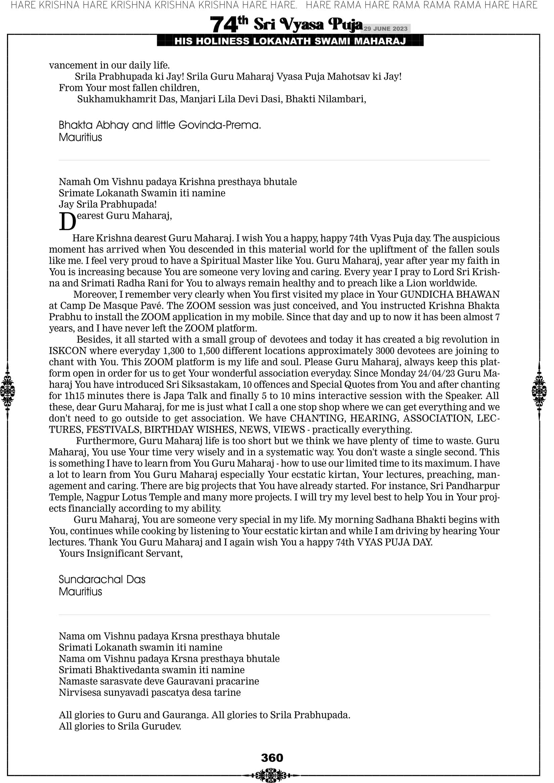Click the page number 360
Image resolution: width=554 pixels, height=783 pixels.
[x=272, y=758]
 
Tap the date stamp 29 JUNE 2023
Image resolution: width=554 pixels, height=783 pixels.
[x=385, y=29]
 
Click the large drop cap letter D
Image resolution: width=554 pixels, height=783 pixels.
[x=67, y=222]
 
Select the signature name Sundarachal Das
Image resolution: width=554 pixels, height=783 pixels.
[x=102, y=579]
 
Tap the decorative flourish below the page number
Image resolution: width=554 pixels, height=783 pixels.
[x=271, y=775]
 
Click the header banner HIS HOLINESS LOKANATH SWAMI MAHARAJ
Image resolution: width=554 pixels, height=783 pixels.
[x=290, y=41]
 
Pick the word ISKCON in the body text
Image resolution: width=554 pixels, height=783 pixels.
[x=67, y=350]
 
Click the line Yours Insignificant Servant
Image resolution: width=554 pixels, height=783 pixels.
[x=120, y=553]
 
